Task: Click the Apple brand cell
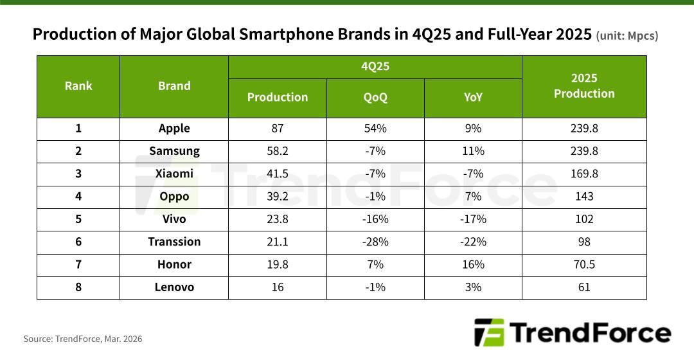coord(174,128)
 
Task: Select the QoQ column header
coord(375,97)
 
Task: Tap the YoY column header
coord(473,97)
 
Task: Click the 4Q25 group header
coord(375,66)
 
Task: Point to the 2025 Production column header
coord(584,86)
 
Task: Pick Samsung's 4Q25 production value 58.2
coord(278,151)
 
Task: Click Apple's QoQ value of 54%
coord(375,128)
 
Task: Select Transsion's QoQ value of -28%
coord(375,242)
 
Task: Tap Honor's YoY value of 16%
coord(473,264)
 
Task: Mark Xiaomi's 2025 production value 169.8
coord(584,174)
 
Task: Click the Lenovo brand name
coord(174,287)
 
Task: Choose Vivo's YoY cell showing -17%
coord(473,219)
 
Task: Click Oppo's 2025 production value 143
coord(584,196)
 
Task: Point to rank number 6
coord(78,242)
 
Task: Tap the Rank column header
coord(78,86)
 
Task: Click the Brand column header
coord(174,86)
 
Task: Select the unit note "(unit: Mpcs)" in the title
coord(627,36)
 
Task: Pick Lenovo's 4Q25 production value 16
coord(278,287)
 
